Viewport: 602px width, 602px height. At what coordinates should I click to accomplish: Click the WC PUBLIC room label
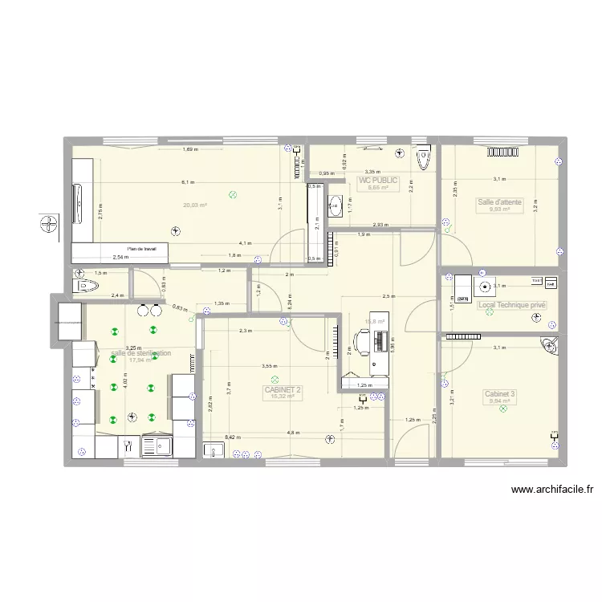tap(378, 181)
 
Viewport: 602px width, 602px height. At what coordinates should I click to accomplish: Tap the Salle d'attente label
tap(499, 202)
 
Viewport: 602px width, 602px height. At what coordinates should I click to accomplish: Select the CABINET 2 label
tap(283, 390)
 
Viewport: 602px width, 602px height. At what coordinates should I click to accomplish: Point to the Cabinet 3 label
tap(500, 393)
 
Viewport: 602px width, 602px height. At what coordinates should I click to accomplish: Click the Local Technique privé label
tap(511, 305)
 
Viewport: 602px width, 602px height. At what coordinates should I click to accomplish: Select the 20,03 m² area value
tap(195, 205)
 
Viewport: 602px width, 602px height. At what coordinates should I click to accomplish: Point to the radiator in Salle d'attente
tap(499, 149)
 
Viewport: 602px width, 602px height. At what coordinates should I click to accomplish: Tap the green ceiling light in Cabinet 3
tap(503, 409)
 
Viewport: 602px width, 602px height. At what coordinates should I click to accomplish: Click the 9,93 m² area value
tap(500, 210)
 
